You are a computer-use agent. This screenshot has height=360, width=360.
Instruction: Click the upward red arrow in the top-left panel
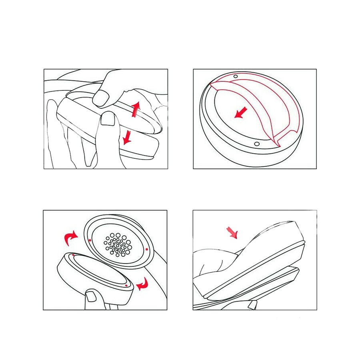pos(136,108)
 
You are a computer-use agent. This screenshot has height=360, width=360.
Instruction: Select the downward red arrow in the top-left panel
pos(127,137)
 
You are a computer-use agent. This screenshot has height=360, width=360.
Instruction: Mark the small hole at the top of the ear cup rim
pos(235,76)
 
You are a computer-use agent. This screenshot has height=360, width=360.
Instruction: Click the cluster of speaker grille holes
pos(118,243)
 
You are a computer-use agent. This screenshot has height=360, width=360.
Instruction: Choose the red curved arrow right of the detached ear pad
pos(142,285)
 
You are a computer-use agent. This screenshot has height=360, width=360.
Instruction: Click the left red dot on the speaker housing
pos(90,240)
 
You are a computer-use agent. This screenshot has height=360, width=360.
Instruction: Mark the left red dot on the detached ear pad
pos(74,254)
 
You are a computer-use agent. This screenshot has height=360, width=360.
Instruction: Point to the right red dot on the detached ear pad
pos(126,286)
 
